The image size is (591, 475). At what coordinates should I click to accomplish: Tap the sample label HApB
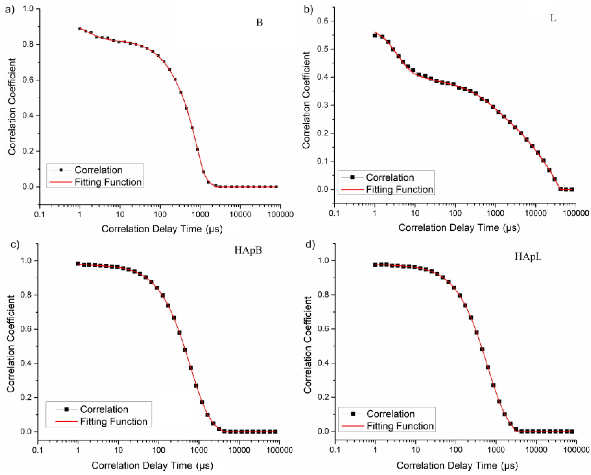[x=248, y=250]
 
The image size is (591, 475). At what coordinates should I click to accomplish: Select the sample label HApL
[x=528, y=256]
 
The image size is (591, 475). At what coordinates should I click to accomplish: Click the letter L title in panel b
[x=553, y=18]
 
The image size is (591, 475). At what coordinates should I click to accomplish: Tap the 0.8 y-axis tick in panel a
[x=28, y=44]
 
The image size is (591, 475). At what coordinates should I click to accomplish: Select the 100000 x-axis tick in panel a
[x=280, y=215]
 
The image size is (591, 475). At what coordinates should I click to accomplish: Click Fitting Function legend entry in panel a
[x=108, y=182]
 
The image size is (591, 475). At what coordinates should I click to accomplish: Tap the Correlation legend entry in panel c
[x=104, y=409]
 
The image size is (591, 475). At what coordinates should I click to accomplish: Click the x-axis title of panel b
[x=459, y=228]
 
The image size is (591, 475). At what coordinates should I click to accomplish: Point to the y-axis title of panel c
[x=11, y=344]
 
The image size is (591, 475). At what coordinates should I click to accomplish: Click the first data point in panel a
[x=80, y=29]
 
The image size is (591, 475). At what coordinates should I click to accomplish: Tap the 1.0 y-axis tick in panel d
[x=323, y=260]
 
